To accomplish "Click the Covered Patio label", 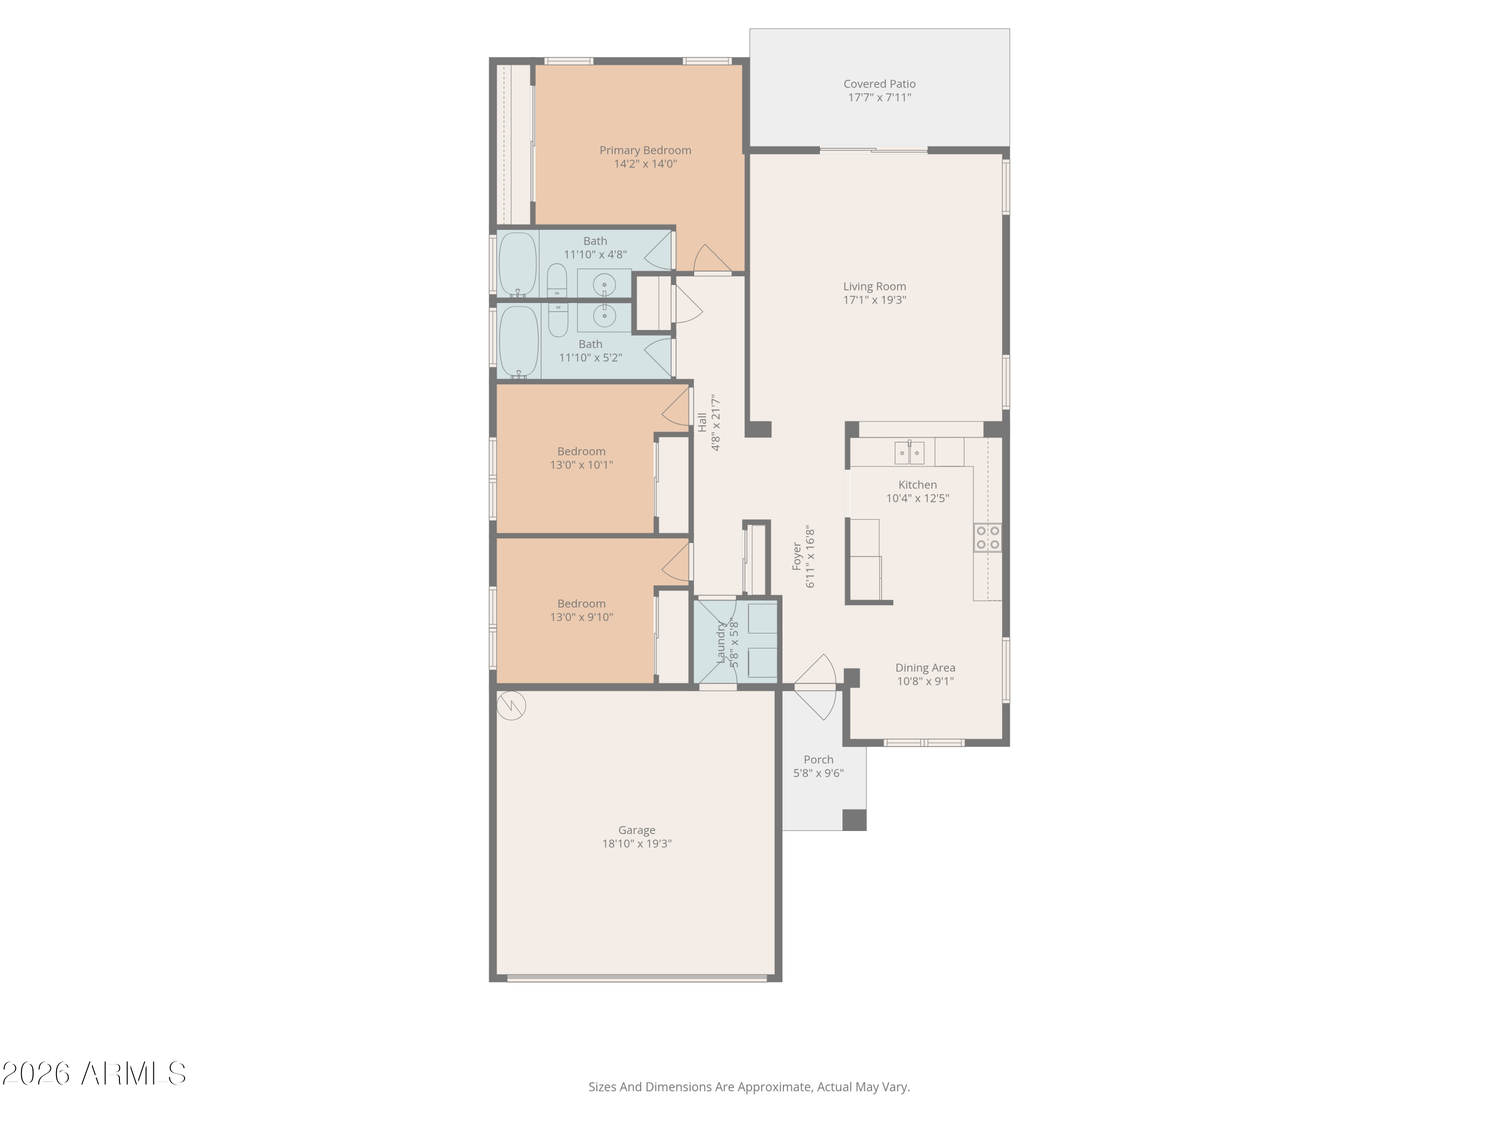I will coord(879,84).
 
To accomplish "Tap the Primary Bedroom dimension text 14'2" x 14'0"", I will coord(645,164).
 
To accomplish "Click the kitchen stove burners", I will coord(987,537).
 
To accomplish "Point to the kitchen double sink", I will coord(909,452).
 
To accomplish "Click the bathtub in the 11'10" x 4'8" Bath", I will coord(518,264).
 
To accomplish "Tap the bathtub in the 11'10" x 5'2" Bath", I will coord(519,340).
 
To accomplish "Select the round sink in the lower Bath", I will coord(604,315).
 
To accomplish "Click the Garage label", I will coord(637,830).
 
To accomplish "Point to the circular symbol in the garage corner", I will coord(511,705).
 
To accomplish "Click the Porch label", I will coord(818,759).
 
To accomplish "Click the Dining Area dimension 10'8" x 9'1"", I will coord(925,681).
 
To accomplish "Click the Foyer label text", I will coord(797,556).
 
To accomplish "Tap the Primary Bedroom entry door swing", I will coord(711,259).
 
